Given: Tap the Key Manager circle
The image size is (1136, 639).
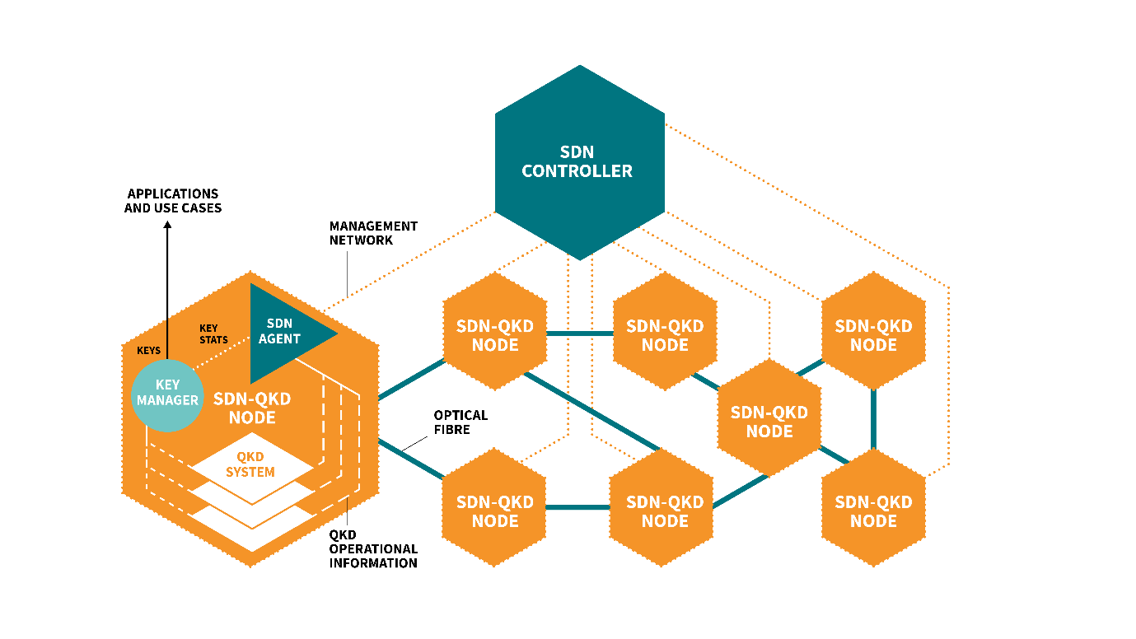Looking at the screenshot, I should [x=167, y=393].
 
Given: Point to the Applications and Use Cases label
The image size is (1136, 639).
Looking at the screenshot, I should [x=173, y=201].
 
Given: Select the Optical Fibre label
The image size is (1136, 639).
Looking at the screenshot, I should [x=460, y=422].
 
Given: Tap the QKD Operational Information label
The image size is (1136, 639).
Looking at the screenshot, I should [x=373, y=549].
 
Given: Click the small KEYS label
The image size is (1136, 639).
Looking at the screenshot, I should [x=148, y=351].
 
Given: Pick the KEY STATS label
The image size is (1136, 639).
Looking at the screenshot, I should [x=213, y=334].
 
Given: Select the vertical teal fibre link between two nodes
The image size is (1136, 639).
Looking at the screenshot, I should [x=873, y=419].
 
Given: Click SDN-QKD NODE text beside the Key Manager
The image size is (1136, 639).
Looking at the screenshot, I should [x=252, y=408].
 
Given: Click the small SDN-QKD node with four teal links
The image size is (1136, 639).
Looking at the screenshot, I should [x=769, y=421].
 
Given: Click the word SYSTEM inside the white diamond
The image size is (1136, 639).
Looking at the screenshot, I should [x=250, y=472].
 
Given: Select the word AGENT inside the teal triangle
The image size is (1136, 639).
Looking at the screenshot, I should [x=283, y=338].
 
